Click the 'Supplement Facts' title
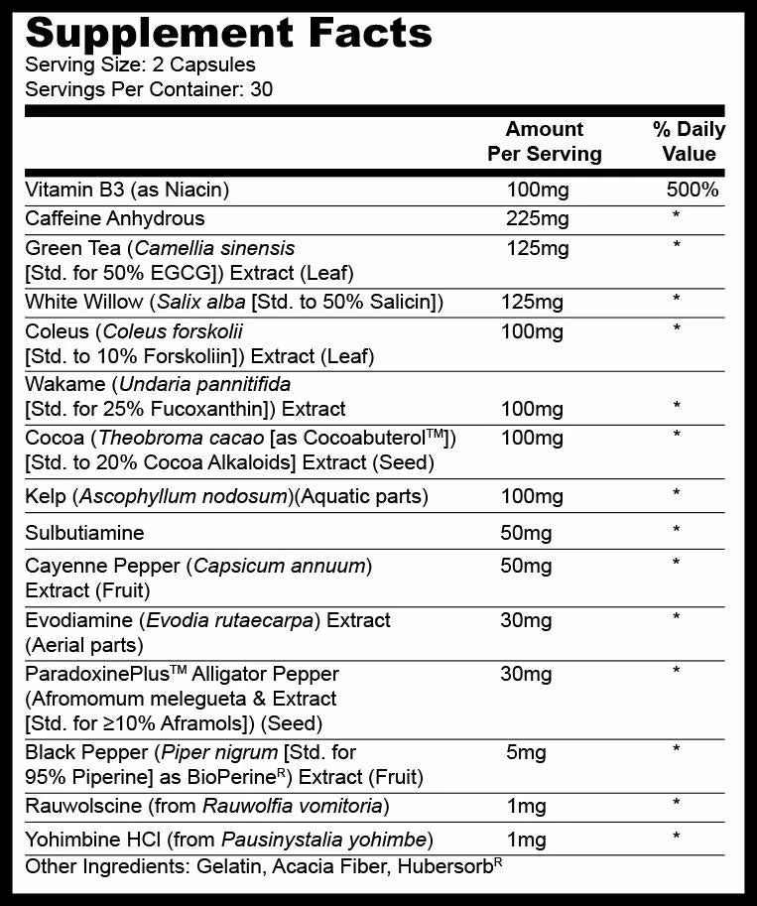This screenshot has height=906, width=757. pos(228,33)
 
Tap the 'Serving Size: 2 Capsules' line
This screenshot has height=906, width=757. pos(140,65)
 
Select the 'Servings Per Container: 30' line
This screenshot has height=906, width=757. pos(149,89)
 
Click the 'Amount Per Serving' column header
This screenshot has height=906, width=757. pos(544,141)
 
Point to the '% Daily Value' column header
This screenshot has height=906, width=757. pos(689,141)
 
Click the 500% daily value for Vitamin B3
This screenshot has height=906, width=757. pos(693,190)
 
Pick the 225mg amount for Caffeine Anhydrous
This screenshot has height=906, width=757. pos(537,219)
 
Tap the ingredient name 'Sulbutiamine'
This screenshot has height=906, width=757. pos(84,533)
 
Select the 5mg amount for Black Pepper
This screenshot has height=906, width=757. pos(526,752)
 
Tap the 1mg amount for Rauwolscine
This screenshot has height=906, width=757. pos(526,804)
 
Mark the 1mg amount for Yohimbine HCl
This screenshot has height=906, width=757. pos(526,841)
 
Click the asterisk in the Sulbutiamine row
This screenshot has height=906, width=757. pos(677,532)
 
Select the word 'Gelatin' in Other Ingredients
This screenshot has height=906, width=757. pos(224,867)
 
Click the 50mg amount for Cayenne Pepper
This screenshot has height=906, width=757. pos(526,567)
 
